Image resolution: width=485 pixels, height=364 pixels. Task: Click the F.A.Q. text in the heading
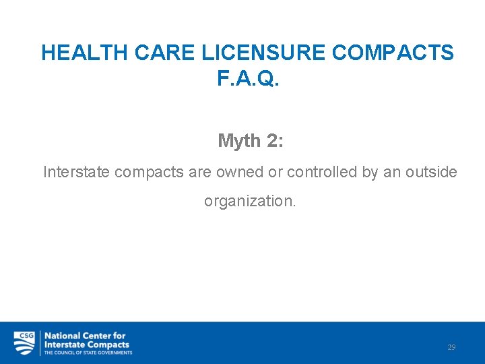pos(248,79)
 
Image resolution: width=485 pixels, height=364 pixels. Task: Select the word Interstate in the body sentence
pos(77,173)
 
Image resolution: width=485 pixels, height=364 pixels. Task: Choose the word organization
pos(250,202)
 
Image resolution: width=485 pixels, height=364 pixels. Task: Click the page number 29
pos(451,347)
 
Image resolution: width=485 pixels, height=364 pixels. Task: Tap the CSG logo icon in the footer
pos(25,342)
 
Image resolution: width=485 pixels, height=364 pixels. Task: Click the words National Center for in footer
pos(85,336)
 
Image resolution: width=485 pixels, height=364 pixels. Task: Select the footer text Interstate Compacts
pos(87,344)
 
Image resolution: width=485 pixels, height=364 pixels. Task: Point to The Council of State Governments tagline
pos(88,353)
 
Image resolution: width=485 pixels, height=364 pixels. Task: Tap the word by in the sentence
pos(370,173)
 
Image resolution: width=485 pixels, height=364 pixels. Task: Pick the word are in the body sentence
pos(200,173)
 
